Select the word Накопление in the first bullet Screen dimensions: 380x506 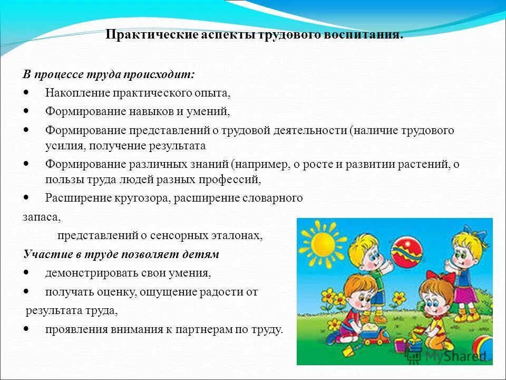tap(77, 93)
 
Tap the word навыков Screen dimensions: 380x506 tap(151, 111)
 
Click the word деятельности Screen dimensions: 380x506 tap(310, 130)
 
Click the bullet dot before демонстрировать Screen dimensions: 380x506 tap(26, 273)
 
